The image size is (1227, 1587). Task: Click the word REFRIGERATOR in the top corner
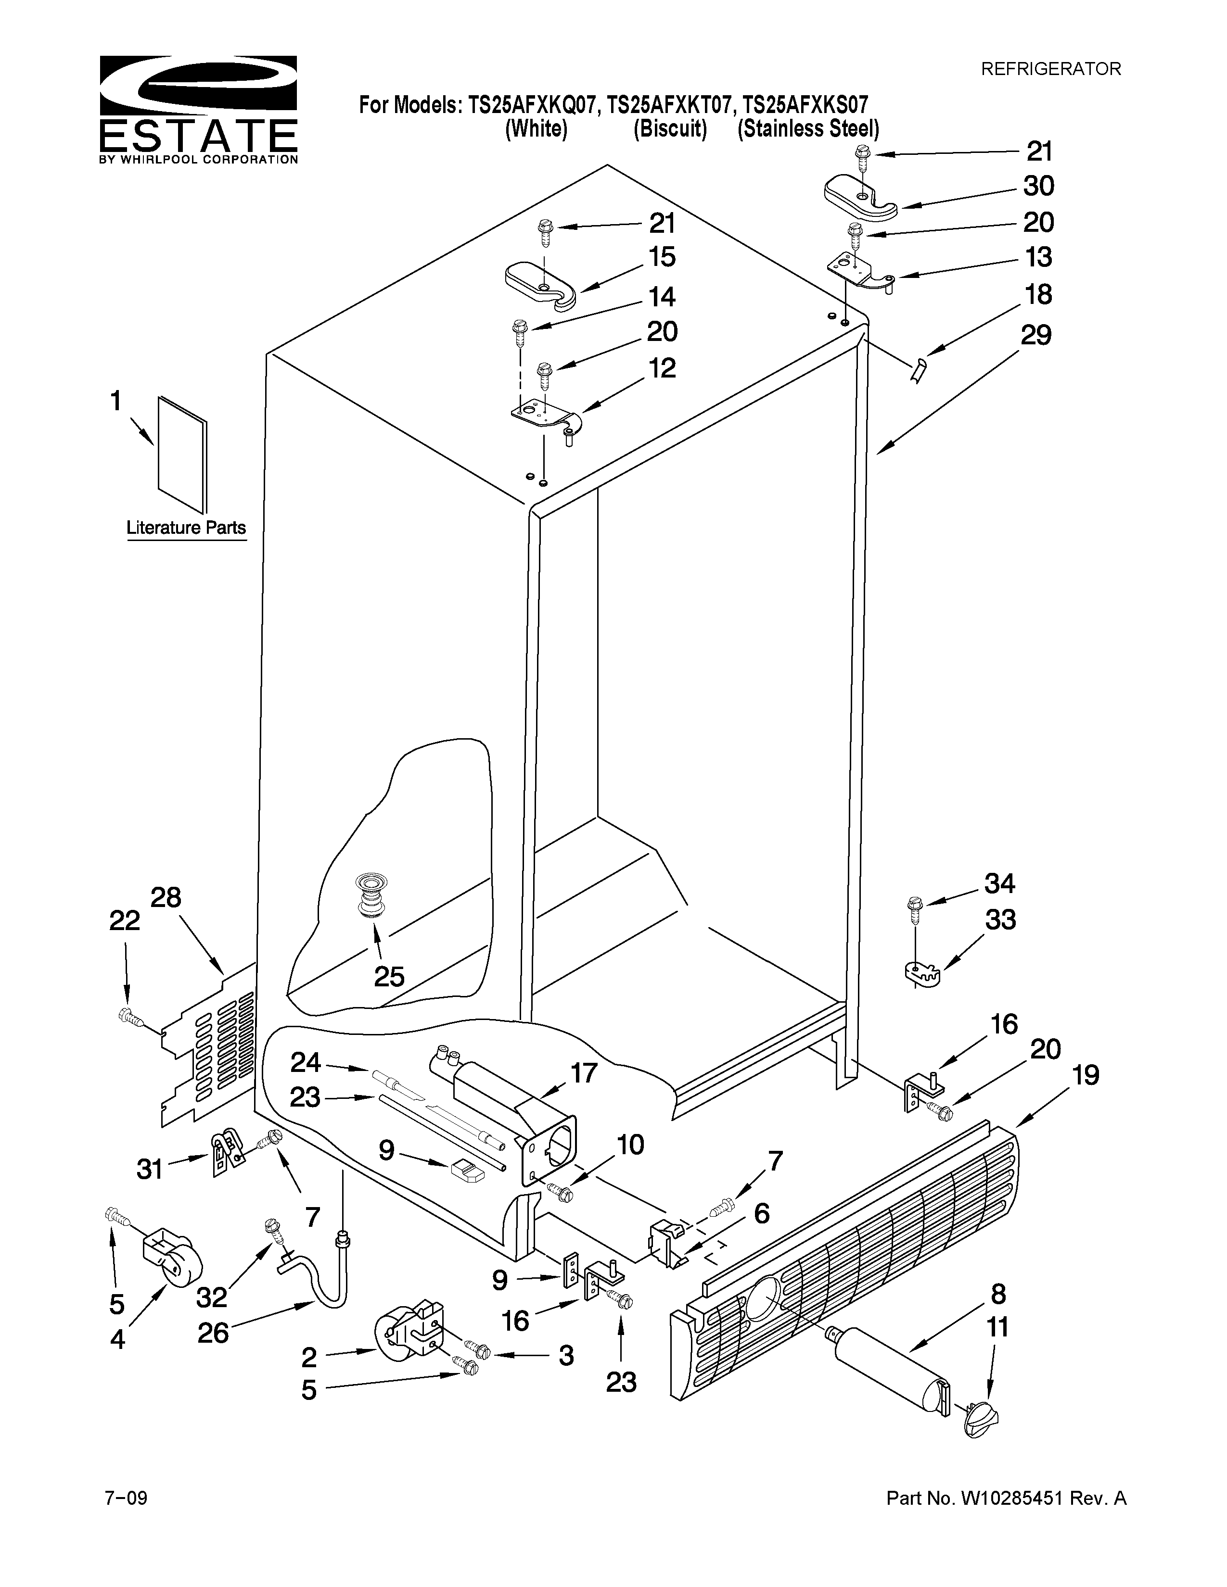(1050, 69)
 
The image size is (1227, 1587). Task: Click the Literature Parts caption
(186, 528)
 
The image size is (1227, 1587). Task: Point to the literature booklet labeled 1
(182, 454)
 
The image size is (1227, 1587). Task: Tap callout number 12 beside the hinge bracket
(662, 368)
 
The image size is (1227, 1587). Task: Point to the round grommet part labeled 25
(371, 898)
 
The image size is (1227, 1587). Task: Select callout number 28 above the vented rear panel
(166, 898)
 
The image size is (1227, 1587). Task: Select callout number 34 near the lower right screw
(999, 883)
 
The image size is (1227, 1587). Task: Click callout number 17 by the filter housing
(584, 1072)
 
